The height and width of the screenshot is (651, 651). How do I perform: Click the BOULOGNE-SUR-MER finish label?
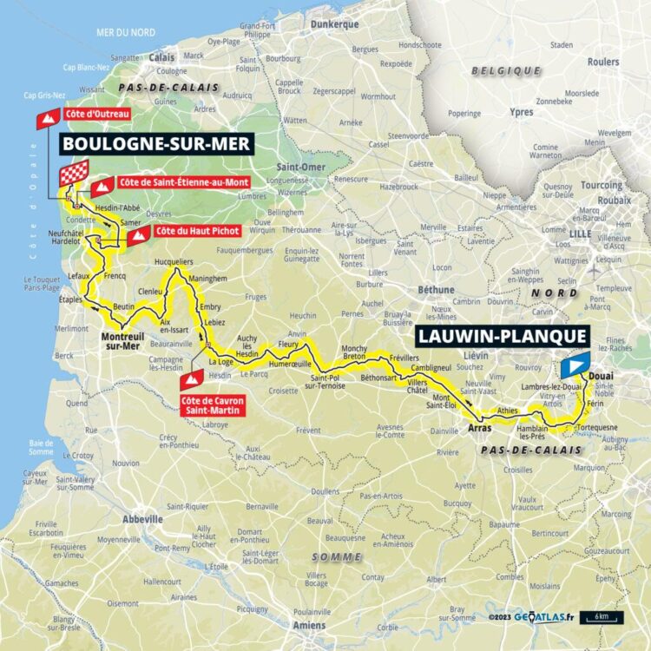[x=156, y=143]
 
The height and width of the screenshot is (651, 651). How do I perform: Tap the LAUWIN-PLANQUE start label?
[x=503, y=336]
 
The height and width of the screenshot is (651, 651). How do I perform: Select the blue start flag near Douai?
[x=575, y=365]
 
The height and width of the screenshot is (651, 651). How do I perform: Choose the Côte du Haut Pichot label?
[x=194, y=233]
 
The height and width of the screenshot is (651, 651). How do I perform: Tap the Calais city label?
[x=161, y=58]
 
